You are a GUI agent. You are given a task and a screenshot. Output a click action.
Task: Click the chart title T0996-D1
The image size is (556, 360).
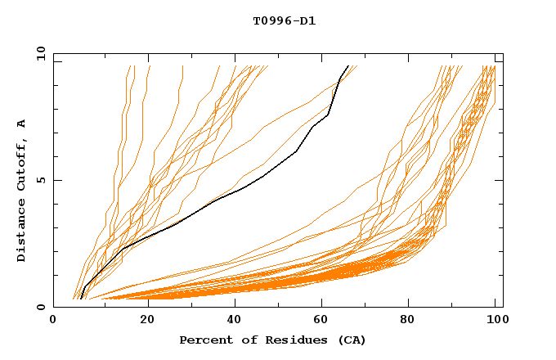tap(284, 21)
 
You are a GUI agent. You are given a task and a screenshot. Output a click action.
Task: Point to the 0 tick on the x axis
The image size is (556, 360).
tap(53, 321)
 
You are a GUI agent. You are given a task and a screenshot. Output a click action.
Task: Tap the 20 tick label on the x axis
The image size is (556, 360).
tap(146, 321)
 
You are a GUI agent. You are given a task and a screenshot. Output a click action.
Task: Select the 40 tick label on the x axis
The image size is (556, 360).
tap(235, 321)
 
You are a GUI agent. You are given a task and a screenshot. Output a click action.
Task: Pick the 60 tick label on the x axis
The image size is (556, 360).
tap(325, 321)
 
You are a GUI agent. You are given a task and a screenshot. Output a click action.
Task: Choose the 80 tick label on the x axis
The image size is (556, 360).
tap(414, 321)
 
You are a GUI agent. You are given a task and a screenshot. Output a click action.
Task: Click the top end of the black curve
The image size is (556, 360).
tap(348, 66)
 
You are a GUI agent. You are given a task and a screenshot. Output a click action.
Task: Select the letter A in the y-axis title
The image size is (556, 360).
tap(22, 124)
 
